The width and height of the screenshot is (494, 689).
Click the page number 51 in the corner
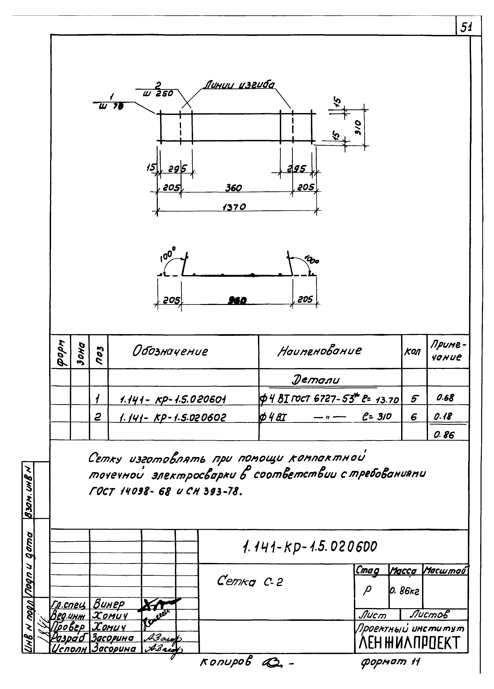pos(466,28)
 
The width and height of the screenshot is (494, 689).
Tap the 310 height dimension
pos(358,128)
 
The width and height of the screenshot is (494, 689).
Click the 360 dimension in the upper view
pos(233,188)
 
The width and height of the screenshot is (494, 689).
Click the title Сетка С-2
pos(250,582)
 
